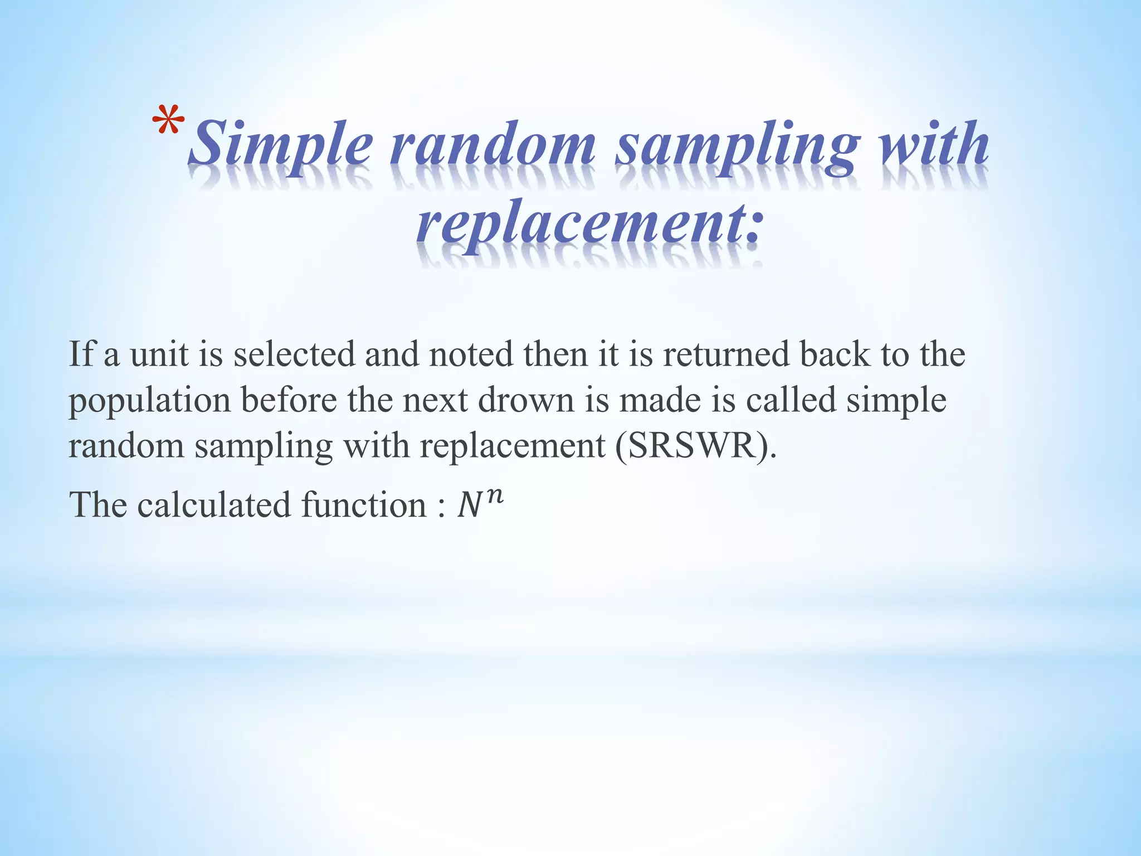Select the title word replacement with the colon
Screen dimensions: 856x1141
(x=588, y=223)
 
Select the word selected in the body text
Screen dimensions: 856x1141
(x=294, y=354)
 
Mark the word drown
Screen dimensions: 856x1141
(x=526, y=400)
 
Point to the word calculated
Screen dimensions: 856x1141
(x=214, y=505)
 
